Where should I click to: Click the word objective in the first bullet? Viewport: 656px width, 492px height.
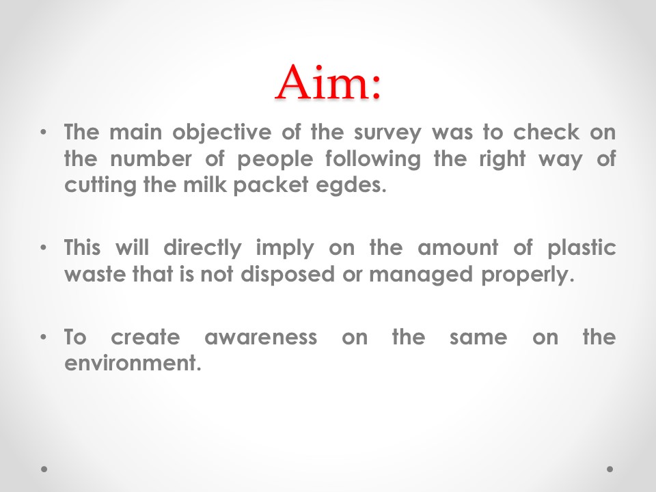pos(221,133)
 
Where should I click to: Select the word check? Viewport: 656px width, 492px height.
pos(547,132)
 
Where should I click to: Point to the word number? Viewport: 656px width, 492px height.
pos(151,159)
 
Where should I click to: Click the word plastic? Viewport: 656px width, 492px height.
pos(582,249)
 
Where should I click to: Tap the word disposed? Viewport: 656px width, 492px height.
pos(288,275)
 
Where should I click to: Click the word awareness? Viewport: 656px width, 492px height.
pos(260,338)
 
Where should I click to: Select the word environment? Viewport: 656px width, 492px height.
pos(133,363)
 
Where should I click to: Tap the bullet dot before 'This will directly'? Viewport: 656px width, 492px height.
pos(44,247)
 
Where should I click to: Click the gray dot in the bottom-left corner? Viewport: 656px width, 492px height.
pos(44,469)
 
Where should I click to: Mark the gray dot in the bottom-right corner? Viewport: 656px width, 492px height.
pos(610,469)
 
